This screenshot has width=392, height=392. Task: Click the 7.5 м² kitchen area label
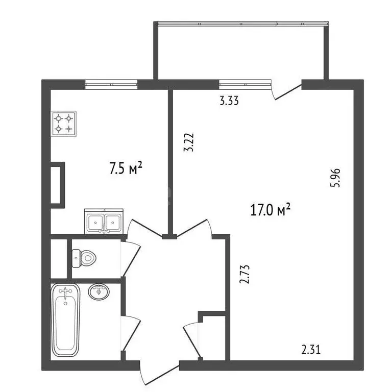point(126,168)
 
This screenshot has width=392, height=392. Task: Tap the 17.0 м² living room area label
point(270,209)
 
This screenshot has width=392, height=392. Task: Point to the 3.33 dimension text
point(229,101)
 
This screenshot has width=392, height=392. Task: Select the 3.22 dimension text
point(189,142)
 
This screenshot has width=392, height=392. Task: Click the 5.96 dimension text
point(335,178)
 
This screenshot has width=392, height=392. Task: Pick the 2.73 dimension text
point(244,274)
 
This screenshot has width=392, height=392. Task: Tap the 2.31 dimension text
point(311,350)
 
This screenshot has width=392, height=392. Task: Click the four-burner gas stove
point(63,124)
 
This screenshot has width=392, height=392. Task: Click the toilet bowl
point(84,258)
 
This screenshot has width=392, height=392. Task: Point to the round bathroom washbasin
point(99,292)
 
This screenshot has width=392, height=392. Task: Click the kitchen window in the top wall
point(111,84)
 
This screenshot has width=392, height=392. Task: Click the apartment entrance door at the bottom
point(159,374)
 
